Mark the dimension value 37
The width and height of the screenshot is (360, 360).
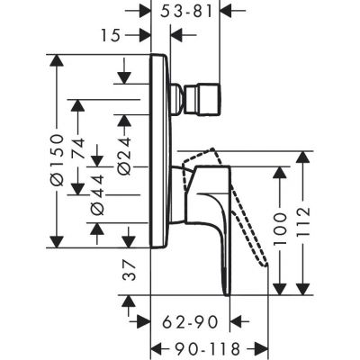click(x=128, y=272)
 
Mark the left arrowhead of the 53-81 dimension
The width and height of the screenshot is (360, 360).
click(x=144, y=11)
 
